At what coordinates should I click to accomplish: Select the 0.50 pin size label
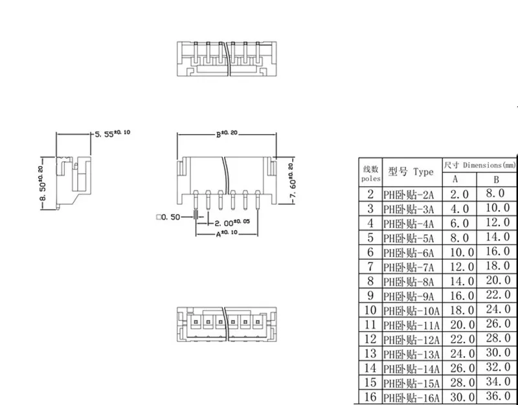click(x=170, y=216)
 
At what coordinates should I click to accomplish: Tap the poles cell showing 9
click(x=370, y=295)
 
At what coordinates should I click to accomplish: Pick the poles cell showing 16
click(x=370, y=397)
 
